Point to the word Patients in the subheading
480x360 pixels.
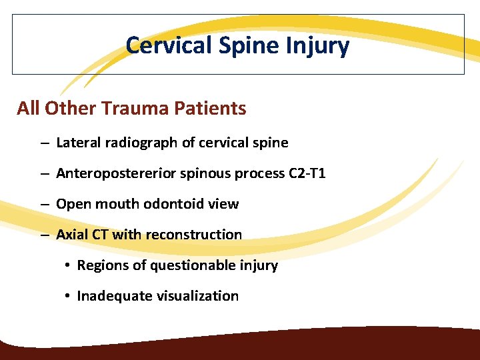coord(212,108)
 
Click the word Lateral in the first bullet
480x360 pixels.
coord(77,143)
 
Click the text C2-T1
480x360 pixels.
coord(307,173)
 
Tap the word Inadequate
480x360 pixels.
coord(109,296)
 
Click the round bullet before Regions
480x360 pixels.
coord(69,265)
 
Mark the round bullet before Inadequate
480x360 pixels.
coord(69,296)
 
